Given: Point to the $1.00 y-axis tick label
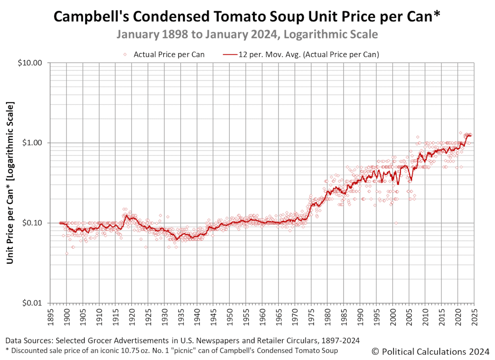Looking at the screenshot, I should (33, 143).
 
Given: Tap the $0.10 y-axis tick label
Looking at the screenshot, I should (33, 223).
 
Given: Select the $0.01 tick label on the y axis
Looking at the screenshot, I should (33, 303).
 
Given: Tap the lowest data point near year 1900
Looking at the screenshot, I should (67, 253).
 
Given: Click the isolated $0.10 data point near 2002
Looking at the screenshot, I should (396, 223).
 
